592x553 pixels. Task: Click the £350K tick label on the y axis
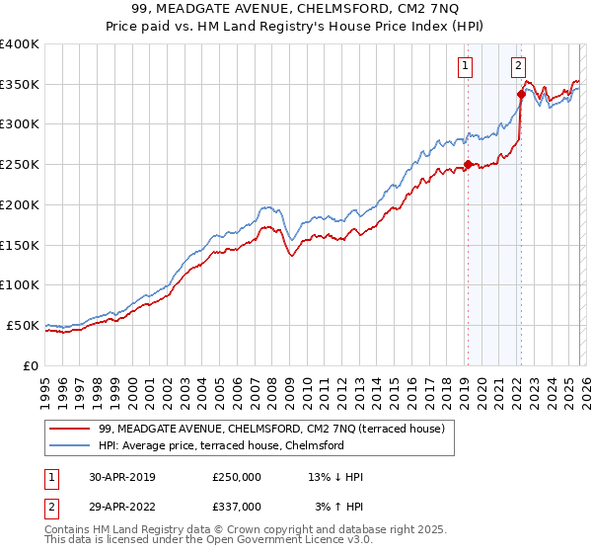[20, 85]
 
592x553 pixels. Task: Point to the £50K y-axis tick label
[23, 325]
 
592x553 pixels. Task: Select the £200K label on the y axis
[20, 205]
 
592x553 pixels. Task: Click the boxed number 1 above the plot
[465, 66]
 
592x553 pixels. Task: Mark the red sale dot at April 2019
[468, 165]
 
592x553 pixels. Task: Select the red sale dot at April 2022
[520, 95]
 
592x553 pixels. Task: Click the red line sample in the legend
[69, 429]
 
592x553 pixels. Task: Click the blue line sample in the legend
[69, 445]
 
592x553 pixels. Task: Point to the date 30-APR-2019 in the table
[121, 477]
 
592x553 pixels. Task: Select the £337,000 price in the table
[237, 506]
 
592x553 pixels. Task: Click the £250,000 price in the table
[237, 477]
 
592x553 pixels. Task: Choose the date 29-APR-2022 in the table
[121, 506]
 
